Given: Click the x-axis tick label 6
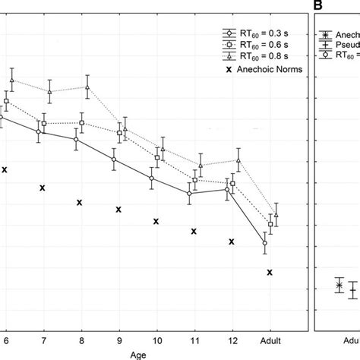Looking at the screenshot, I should point(5,340).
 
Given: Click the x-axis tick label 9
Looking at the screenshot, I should point(119,340).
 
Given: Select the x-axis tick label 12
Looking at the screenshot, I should point(232,340).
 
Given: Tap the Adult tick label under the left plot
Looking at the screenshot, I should point(270,340).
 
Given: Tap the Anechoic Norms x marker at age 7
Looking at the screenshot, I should point(43,188).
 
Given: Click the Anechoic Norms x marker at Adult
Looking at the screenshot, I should point(270,272).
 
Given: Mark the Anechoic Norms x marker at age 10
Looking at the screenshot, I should point(156,222).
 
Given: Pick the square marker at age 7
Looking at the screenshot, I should point(44,123).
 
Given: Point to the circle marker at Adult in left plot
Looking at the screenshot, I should point(264,243).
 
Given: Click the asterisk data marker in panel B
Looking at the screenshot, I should point(339,285).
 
